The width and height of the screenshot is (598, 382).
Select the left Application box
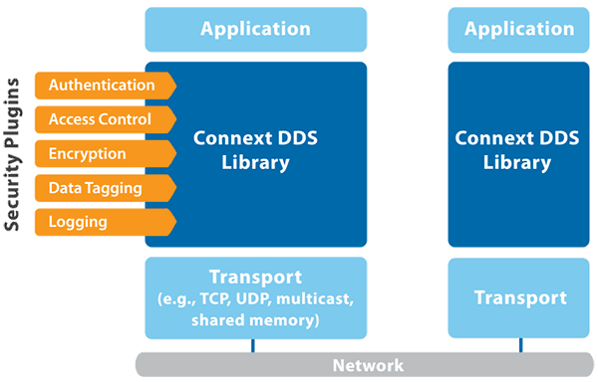[255, 29]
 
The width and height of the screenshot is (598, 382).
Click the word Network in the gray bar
[369, 365]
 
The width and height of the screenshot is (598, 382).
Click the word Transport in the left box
[255, 276]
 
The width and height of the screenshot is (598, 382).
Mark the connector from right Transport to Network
[519, 345]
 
